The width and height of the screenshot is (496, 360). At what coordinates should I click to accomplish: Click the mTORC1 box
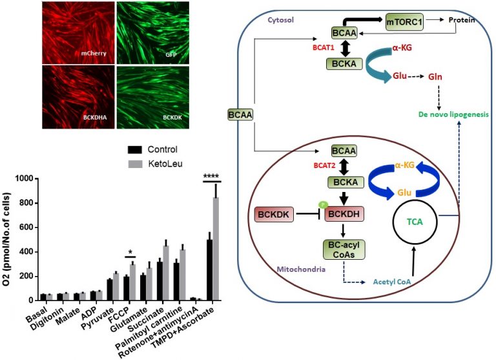tap(409, 23)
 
